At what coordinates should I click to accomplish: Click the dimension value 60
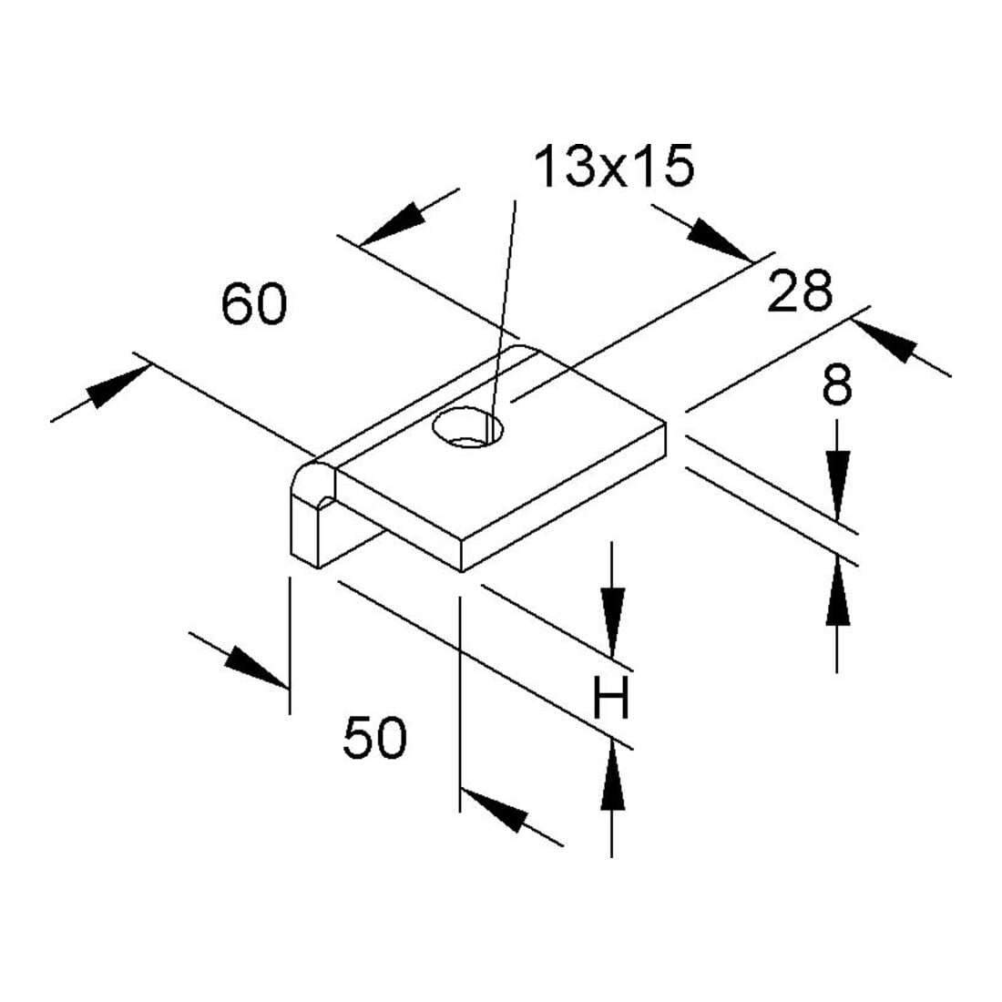(x=254, y=304)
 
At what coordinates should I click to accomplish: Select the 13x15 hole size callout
(x=614, y=166)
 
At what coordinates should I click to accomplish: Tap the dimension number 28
(x=800, y=291)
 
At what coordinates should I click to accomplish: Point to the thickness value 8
(x=837, y=384)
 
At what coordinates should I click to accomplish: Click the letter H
(x=611, y=698)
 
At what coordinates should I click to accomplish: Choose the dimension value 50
(x=374, y=738)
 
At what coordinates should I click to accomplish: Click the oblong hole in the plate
(x=468, y=427)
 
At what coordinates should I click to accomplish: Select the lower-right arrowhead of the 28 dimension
(x=885, y=341)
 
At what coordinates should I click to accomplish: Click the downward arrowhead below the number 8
(x=837, y=485)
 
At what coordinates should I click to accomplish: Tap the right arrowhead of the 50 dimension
(x=494, y=811)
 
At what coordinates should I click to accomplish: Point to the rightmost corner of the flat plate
(x=666, y=423)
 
